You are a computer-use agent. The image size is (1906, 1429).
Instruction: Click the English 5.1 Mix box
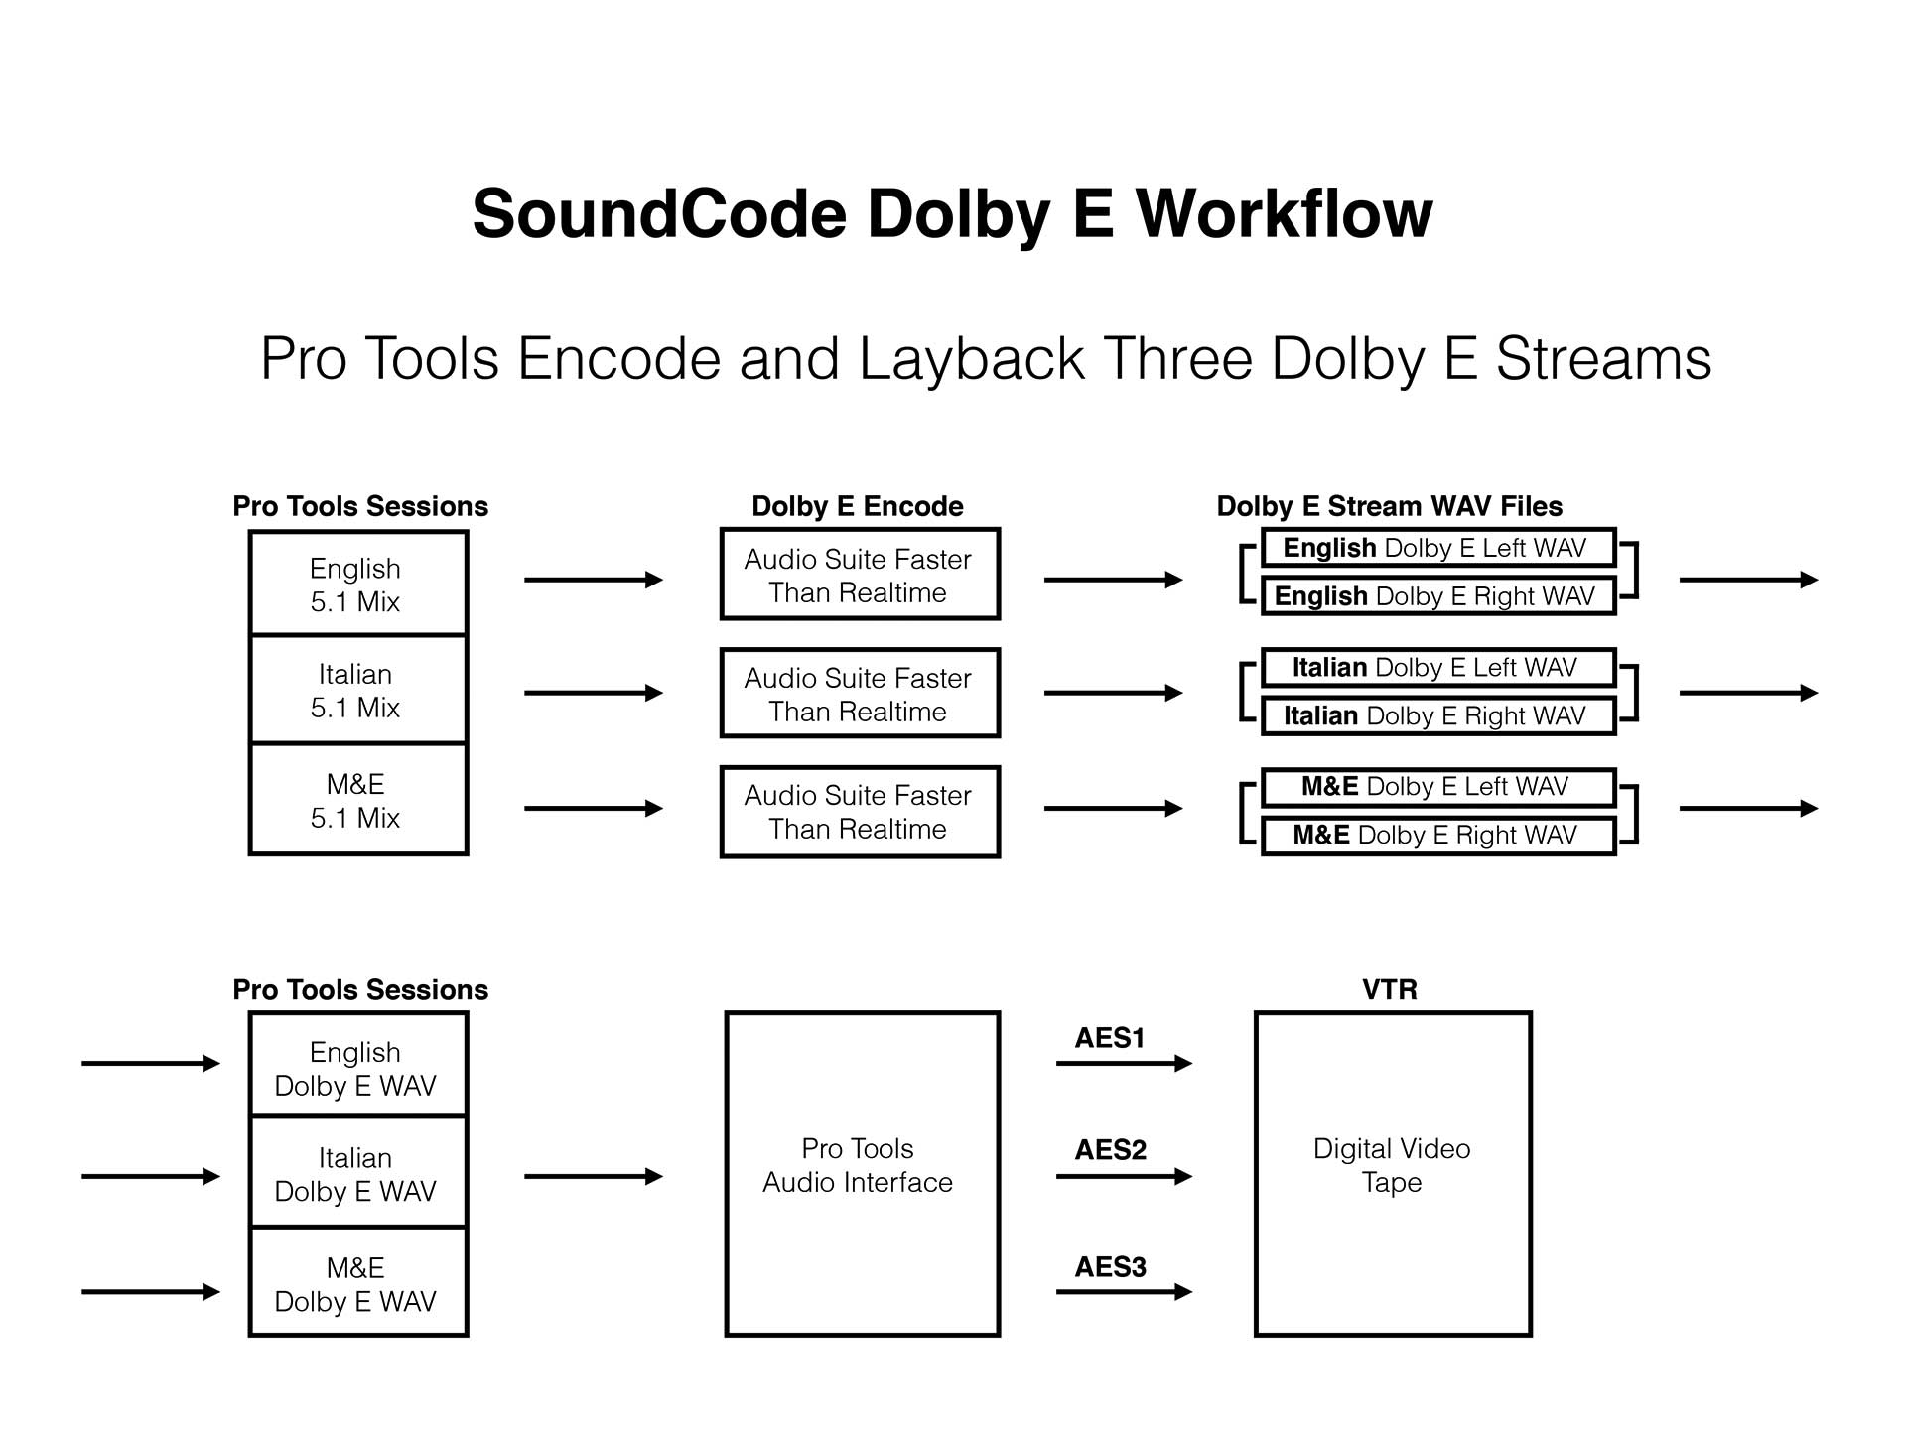tap(357, 584)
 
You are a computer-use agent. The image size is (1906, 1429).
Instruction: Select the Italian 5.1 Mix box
tap(357, 690)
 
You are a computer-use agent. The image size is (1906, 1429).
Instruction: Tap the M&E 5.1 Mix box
tap(357, 800)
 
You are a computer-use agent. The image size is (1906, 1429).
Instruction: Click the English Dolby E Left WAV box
tap(1437, 548)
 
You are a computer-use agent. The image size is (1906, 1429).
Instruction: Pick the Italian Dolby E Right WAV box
tap(1437, 715)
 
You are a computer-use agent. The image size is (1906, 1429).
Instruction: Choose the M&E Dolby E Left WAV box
tap(1437, 787)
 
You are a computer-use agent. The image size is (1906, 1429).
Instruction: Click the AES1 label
tap(1110, 1038)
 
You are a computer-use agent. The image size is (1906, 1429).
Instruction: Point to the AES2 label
tap(1110, 1150)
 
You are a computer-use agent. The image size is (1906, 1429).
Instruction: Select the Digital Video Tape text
tap(1392, 1165)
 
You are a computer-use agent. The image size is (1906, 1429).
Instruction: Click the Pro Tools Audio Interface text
tap(858, 1165)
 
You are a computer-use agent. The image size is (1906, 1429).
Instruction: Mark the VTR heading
tap(1389, 989)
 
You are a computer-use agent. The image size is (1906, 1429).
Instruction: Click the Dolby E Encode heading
tap(858, 506)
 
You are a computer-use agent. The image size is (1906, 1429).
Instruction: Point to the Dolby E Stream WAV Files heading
tap(1389, 506)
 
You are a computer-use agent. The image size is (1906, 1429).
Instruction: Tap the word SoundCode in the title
tap(658, 214)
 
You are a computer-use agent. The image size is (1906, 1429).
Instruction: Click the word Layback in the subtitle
tap(971, 358)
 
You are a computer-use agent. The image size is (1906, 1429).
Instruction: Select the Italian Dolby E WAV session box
tap(357, 1173)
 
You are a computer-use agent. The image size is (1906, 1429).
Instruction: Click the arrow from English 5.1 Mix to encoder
tap(593, 580)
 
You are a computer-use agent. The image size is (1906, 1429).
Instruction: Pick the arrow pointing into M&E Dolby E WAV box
tap(150, 1291)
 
